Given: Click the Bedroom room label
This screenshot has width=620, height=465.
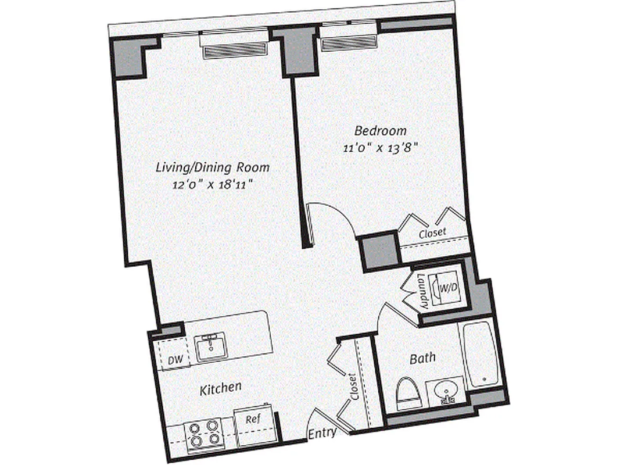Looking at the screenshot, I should pyautogui.click(x=381, y=130).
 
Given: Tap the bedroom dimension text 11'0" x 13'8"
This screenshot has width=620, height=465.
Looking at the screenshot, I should pyautogui.click(x=381, y=148).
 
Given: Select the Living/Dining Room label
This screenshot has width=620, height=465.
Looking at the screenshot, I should pyautogui.click(x=213, y=167).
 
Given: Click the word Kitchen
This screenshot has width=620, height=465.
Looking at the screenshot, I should pyautogui.click(x=221, y=387).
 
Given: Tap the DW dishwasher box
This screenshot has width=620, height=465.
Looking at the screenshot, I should pyautogui.click(x=174, y=360).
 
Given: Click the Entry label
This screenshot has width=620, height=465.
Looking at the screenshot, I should pyautogui.click(x=321, y=434).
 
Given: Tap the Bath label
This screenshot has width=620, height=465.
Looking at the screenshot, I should pyautogui.click(x=422, y=359).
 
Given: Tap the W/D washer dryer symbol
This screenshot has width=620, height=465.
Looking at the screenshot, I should pyautogui.click(x=446, y=287).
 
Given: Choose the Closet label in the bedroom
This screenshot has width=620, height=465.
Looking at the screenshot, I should pyautogui.click(x=433, y=232).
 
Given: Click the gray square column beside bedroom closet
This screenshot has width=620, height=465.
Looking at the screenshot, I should pyautogui.click(x=379, y=251).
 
